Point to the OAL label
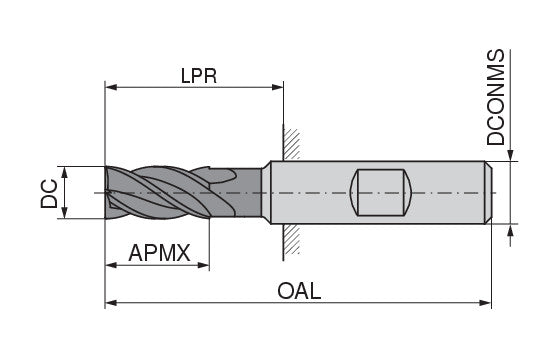300,291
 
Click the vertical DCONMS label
497,98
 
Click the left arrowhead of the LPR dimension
111,88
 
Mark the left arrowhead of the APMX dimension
111,266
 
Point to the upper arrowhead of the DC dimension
65,171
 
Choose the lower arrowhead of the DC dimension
65,211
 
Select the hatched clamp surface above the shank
289,143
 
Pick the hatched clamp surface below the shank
289,239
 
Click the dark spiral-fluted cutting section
160,190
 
